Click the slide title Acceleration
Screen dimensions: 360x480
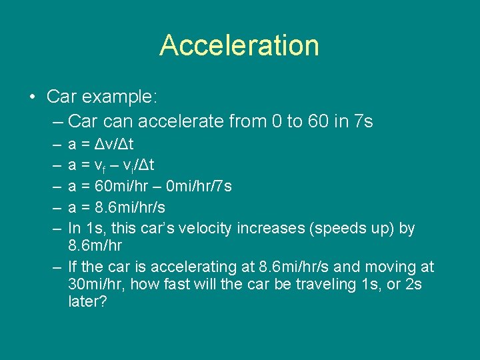point(239,45)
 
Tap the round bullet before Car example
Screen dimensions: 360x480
point(33,97)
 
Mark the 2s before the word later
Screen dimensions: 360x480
point(412,285)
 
